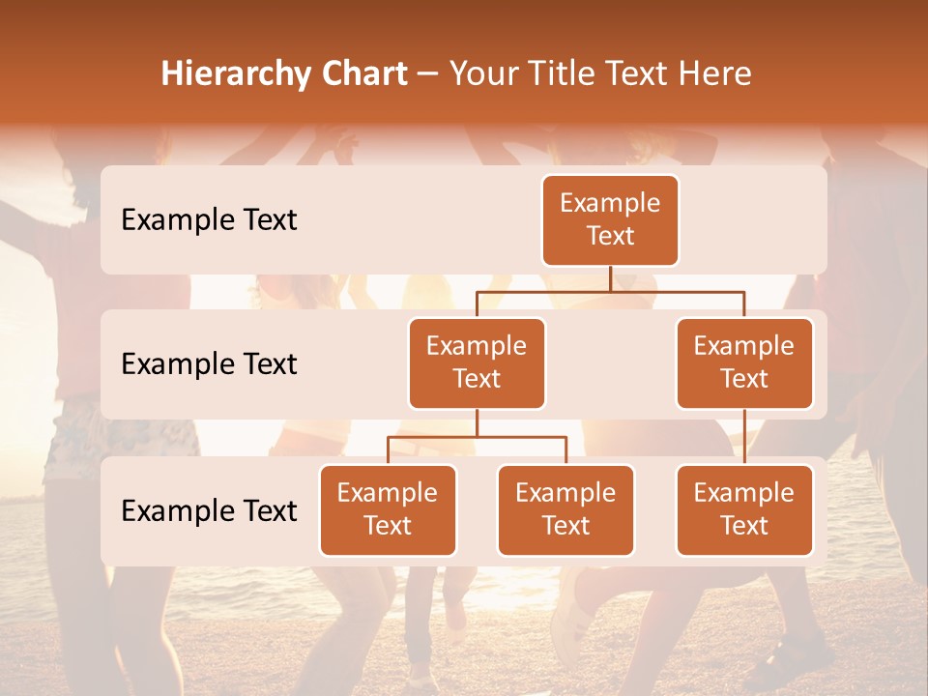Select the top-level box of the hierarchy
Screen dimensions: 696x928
pos(610,219)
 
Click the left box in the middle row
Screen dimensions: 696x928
pos(477,362)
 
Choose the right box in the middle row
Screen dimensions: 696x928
pos(744,362)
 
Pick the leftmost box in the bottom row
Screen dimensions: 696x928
pos(388,509)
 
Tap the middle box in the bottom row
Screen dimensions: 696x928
pos(565,509)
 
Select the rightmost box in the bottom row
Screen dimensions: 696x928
pos(744,509)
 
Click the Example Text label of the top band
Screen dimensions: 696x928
pos(209,219)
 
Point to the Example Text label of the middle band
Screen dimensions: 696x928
pos(209,363)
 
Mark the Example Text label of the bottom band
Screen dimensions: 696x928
pos(209,510)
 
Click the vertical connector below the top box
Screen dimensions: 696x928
pos(610,278)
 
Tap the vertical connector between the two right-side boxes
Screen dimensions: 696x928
pos(744,436)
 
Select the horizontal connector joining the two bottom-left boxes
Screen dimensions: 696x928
pos(477,437)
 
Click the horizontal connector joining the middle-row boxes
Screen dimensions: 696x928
pos(610,291)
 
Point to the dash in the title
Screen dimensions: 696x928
pos(428,75)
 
